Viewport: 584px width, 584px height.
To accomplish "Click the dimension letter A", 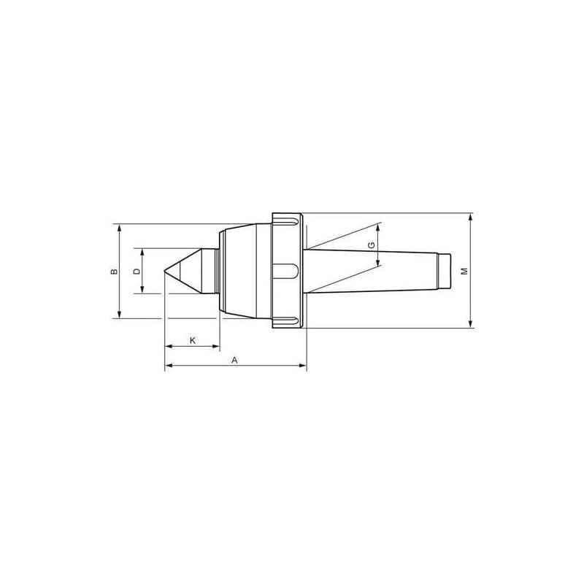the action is pos(234,360).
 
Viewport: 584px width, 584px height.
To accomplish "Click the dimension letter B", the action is pos(115,271).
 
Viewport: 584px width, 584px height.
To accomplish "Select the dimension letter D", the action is pos(137,271).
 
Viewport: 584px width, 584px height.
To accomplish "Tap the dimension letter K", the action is pos(193,340).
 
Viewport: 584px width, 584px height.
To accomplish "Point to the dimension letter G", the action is pos(372,245).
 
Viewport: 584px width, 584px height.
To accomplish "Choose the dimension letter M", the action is pos(464,271).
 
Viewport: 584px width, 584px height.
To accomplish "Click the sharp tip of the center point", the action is pos(164,271).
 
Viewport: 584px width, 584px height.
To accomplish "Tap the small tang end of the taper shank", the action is pos(445,271).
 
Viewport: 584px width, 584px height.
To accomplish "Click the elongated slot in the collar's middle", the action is pos(285,271).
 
